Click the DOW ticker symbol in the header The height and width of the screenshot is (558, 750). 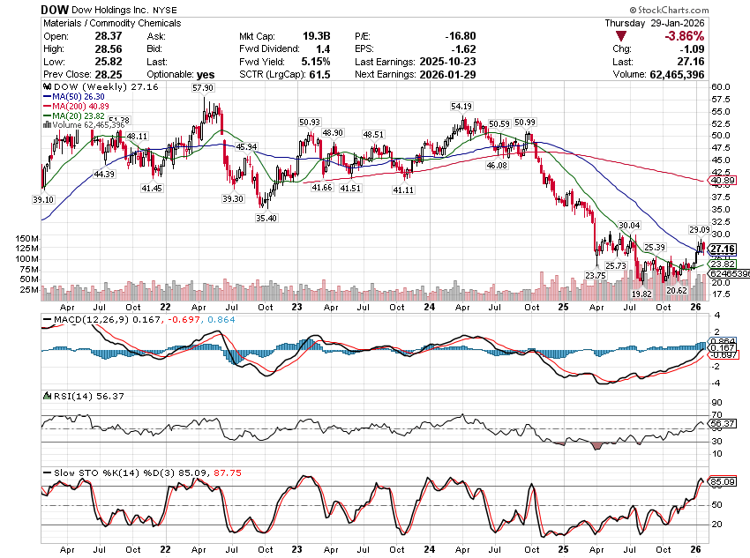coord(56,8)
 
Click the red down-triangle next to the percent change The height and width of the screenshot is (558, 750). coord(622,36)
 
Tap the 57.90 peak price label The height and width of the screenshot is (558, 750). coord(203,88)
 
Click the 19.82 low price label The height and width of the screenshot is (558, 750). coord(642,294)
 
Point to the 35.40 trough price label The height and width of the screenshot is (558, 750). coord(266,218)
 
